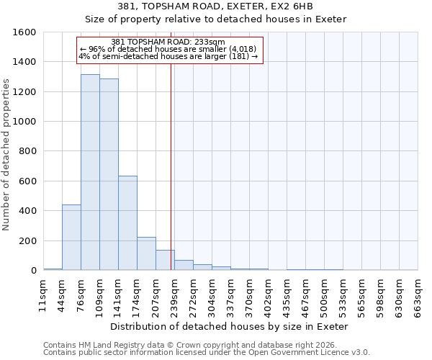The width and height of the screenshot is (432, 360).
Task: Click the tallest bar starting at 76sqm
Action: click(90, 173)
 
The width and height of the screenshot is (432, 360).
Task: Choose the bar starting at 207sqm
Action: click(165, 260)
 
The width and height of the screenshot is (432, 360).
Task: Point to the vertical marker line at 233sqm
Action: click(171, 166)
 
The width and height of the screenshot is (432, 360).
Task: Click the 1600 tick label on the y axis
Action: click(24, 32)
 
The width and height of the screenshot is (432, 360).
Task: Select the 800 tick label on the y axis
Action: click(27, 152)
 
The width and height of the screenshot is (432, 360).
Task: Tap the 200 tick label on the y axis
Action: click(27, 241)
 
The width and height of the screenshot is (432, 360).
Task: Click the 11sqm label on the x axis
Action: click(43, 295)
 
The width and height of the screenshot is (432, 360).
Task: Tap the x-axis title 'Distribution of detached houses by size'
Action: click(230, 326)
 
